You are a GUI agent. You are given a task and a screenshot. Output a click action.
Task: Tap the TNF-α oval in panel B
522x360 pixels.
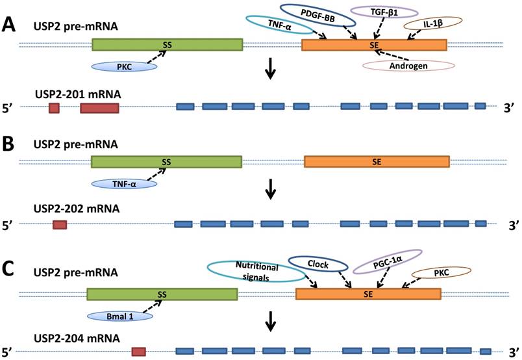(x=125, y=185)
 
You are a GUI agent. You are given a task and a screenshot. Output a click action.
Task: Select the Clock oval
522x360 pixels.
(x=318, y=265)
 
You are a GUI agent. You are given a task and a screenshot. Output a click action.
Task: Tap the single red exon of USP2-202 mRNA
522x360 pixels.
(x=60, y=224)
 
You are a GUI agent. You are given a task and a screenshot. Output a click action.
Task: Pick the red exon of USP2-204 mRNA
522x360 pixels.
(x=138, y=352)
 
